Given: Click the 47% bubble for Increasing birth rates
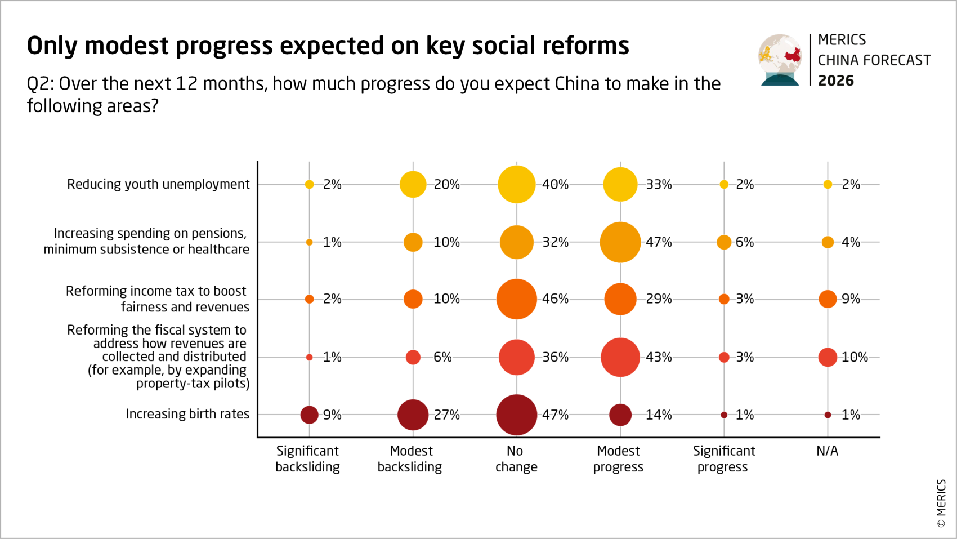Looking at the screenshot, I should pyautogui.click(x=516, y=415).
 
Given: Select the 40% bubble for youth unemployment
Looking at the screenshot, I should pyautogui.click(x=516, y=185).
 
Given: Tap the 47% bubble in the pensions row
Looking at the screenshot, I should pyautogui.click(x=620, y=242).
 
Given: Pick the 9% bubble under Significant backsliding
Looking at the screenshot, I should pyautogui.click(x=309, y=415).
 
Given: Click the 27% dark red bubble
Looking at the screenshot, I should pyautogui.click(x=413, y=415).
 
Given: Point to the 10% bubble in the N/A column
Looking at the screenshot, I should pyautogui.click(x=828, y=357).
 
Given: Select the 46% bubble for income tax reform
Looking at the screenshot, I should pyautogui.click(x=516, y=299).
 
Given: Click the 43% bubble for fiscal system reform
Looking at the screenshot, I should pyautogui.click(x=620, y=357).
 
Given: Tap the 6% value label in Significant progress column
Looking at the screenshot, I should pyautogui.click(x=744, y=242).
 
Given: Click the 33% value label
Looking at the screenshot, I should pyautogui.click(x=659, y=185).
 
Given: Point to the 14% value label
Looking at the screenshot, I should pyautogui.click(x=659, y=415).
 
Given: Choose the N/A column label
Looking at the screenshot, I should pyautogui.click(x=827, y=451).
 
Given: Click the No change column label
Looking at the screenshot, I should pyautogui.click(x=516, y=459).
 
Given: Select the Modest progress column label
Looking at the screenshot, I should pyautogui.click(x=618, y=459).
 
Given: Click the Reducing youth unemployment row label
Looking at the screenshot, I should pyautogui.click(x=158, y=185).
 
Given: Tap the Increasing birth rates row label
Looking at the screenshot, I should pyautogui.click(x=187, y=415).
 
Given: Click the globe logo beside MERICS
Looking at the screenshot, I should pyautogui.click(x=780, y=60).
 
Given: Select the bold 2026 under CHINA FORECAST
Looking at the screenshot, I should pyautogui.click(x=835, y=81).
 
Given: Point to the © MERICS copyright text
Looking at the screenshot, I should pyautogui.click(x=941, y=503).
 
